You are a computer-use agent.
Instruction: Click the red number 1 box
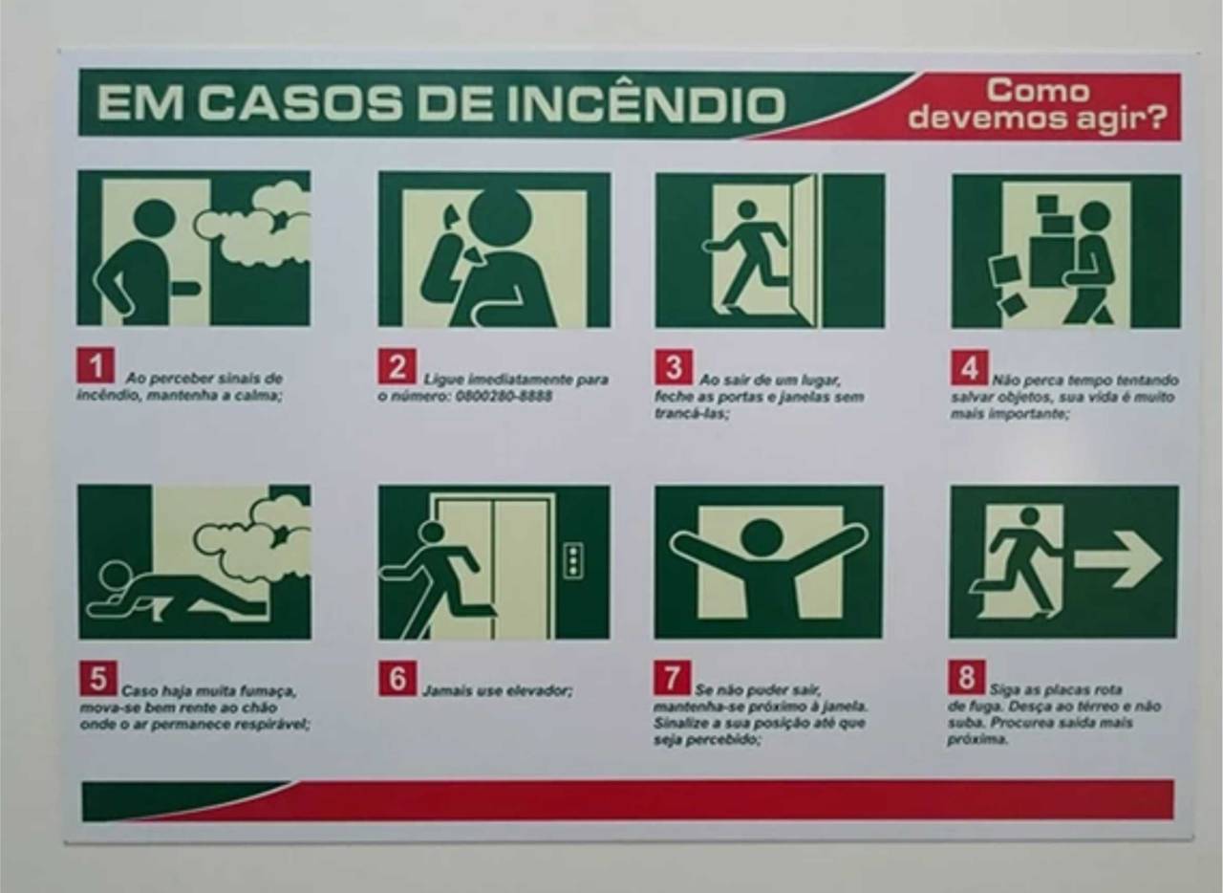(x=96, y=365)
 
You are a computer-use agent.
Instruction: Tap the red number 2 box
(x=397, y=366)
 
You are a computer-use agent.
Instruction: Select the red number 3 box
(x=675, y=367)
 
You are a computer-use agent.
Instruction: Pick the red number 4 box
(x=969, y=367)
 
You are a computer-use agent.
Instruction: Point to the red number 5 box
(x=98, y=678)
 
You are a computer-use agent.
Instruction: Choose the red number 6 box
(x=397, y=678)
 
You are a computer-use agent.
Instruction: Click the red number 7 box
(x=672, y=678)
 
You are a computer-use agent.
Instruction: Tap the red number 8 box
(x=967, y=677)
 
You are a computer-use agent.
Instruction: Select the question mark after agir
(x=1154, y=117)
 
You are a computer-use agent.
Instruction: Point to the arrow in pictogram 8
(x=1118, y=560)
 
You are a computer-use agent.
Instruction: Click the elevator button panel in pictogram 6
(x=573, y=560)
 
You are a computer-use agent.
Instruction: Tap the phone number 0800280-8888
(x=503, y=396)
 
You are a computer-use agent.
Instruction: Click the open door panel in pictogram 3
(x=805, y=250)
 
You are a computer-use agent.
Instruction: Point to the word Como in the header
(x=1038, y=91)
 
